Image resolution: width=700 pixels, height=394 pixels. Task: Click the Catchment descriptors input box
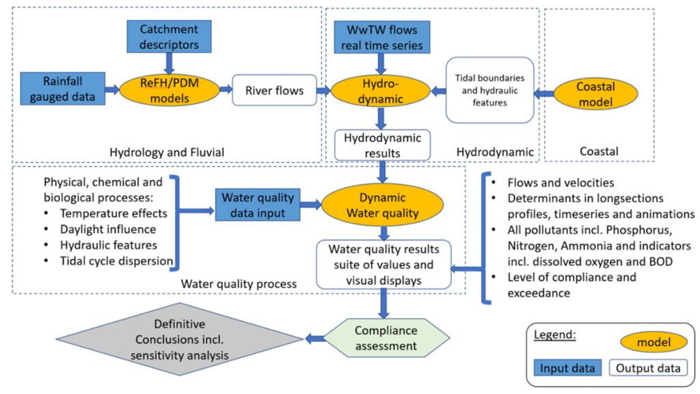[x=169, y=38]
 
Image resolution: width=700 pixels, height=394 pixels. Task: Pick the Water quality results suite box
[x=382, y=263]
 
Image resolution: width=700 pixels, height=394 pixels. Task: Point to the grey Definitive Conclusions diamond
[x=180, y=338]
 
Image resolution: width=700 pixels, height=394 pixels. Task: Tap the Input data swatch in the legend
[x=567, y=368]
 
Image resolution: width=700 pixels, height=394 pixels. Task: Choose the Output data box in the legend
[x=648, y=368]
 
